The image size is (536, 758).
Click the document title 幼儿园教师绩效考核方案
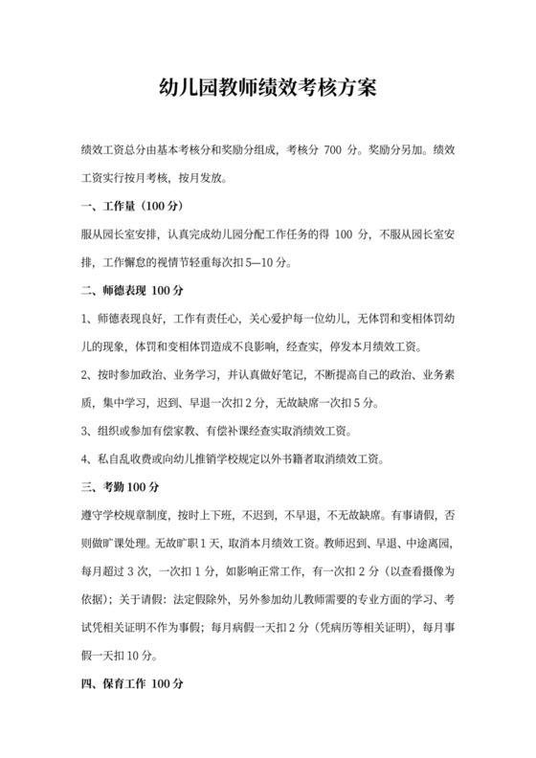tap(267, 88)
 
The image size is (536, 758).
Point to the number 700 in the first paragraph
tap(330, 150)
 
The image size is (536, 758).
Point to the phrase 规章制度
tap(145, 516)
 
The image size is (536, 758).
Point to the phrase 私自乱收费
tap(120, 458)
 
